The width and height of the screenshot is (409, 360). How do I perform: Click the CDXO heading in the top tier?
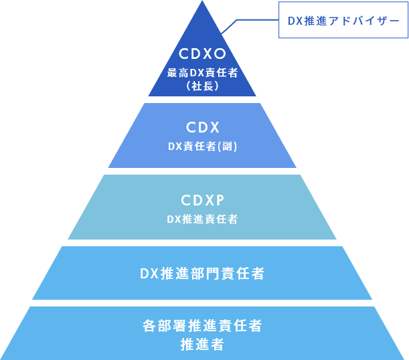202,54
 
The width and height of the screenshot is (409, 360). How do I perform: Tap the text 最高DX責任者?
202,72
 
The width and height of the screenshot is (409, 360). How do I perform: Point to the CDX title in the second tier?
202,127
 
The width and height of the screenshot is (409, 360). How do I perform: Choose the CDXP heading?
202,200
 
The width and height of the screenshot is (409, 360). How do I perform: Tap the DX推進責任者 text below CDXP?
202,219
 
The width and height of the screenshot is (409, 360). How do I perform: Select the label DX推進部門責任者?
202,274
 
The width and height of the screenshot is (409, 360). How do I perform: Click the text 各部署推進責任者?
202,326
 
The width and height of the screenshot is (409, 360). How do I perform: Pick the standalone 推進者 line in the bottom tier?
202,345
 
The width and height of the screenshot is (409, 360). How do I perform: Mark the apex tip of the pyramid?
202,3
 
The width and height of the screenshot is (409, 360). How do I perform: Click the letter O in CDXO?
220,54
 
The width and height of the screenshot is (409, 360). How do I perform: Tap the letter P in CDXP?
218,200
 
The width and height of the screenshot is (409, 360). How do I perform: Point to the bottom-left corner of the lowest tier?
2,358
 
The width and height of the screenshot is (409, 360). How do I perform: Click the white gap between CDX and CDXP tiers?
202,171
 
